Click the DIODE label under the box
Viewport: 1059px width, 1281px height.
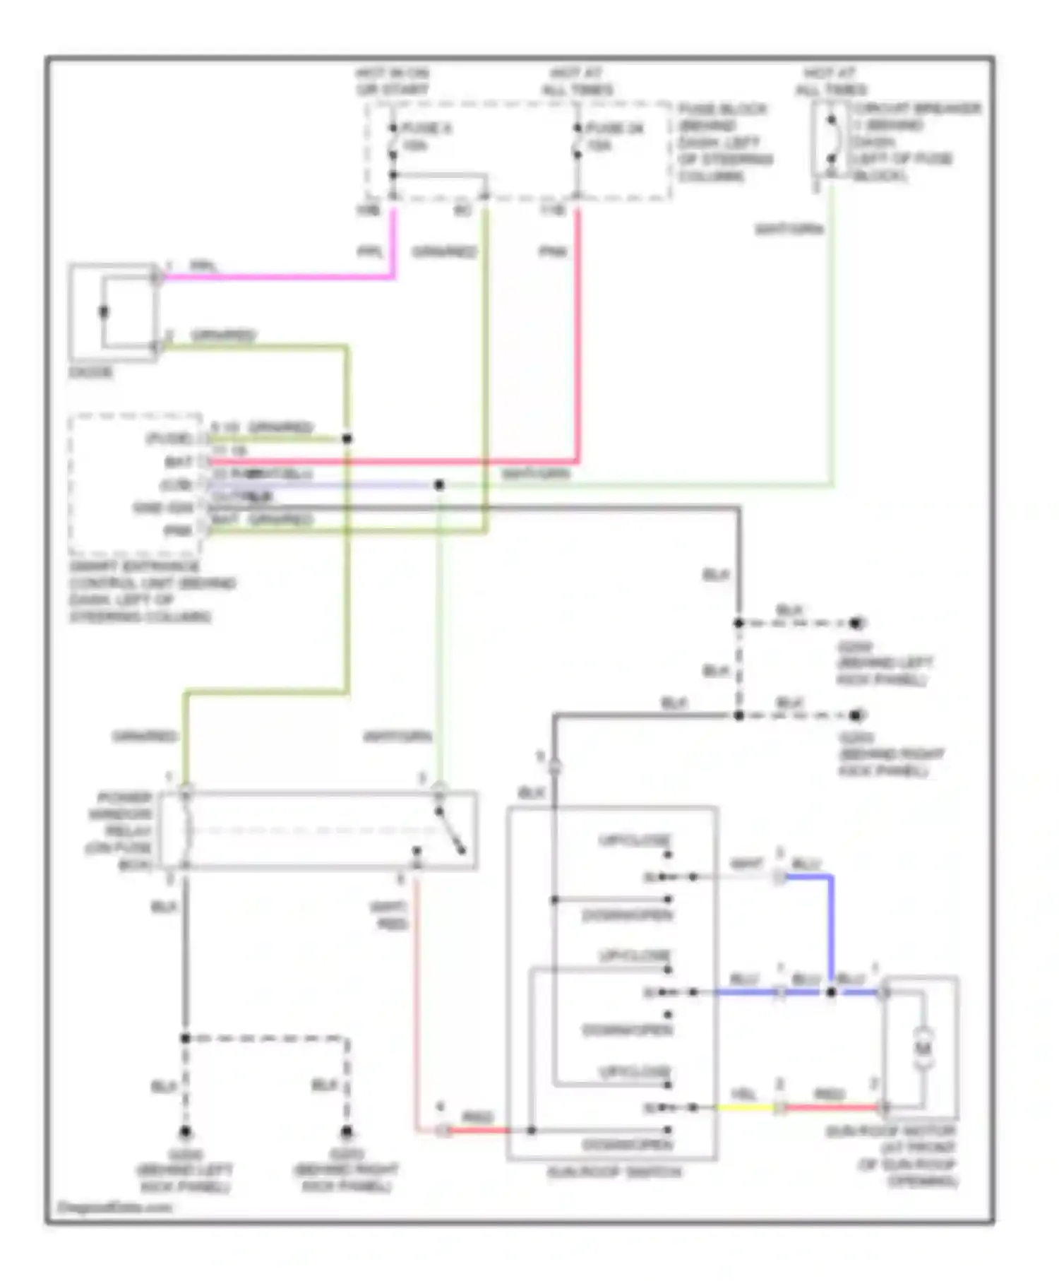(x=90, y=372)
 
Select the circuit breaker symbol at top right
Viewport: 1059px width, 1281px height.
(x=832, y=138)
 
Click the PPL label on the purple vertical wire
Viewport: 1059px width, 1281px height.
(x=370, y=251)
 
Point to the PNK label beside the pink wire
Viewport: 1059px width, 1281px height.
(x=553, y=251)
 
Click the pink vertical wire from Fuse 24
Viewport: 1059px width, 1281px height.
(x=578, y=332)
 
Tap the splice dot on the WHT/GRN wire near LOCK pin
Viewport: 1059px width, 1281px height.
(x=439, y=485)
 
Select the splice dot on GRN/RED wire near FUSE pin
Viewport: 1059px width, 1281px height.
(x=347, y=439)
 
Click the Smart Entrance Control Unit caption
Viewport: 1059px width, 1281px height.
(x=152, y=592)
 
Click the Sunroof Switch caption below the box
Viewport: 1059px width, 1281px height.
(x=614, y=1172)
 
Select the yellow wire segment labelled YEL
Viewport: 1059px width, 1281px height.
(x=744, y=1107)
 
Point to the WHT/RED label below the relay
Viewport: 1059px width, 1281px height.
(x=390, y=915)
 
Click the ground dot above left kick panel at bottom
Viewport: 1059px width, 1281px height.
(x=185, y=1132)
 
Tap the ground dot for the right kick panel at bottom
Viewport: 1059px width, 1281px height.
(x=346, y=1132)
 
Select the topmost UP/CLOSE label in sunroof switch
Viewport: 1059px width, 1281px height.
(x=634, y=840)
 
